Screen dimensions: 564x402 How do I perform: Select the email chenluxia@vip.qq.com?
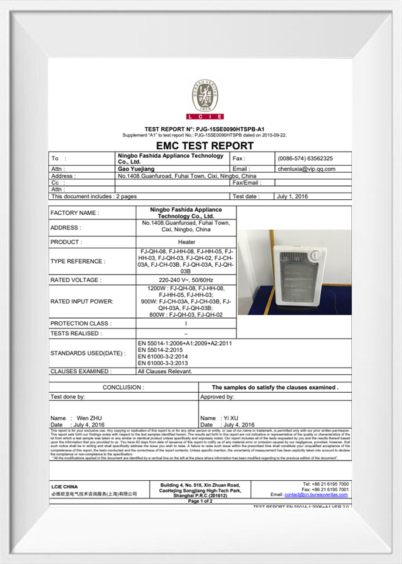[x=306, y=169]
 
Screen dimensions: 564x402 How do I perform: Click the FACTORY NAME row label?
[x=75, y=213]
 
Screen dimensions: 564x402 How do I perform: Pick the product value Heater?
[x=186, y=242]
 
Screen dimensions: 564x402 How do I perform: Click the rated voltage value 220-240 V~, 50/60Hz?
[x=186, y=280]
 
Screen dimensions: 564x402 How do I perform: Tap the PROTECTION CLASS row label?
[x=81, y=323]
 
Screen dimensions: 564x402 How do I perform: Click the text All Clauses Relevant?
[x=165, y=371]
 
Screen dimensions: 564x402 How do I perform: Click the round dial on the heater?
[x=315, y=255]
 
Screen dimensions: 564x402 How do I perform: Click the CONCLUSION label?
[x=123, y=387]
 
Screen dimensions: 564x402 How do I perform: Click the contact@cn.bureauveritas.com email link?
[x=316, y=494]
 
